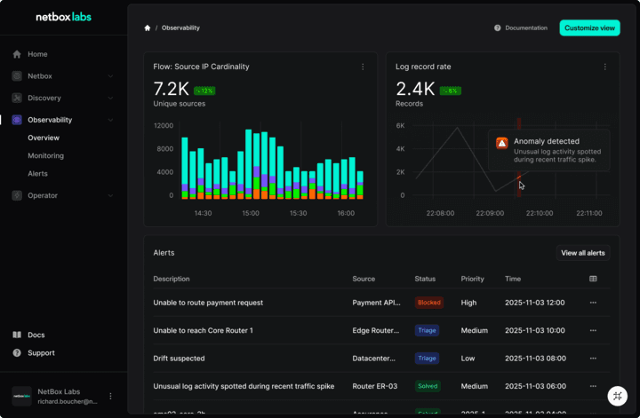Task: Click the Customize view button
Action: click(589, 28)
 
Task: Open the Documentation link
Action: click(525, 28)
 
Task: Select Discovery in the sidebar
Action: click(44, 98)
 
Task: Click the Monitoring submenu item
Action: click(45, 155)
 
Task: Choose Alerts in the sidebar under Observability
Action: click(37, 173)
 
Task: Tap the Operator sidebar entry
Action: click(43, 195)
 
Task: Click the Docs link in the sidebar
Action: click(36, 335)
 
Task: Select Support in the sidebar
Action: click(41, 352)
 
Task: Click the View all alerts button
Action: click(582, 253)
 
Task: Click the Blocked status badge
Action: click(429, 303)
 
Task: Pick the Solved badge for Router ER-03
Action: click(428, 386)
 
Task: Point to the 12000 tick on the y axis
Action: click(163, 126)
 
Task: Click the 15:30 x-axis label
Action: click(298, 213)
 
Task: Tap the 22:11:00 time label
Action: click(588, 213)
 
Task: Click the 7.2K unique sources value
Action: click(171, 89)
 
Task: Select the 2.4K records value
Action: click(415, 89)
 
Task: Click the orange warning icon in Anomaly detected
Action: click(501, 142)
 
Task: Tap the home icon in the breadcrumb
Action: click(148, 28)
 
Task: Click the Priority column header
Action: click(472, 279)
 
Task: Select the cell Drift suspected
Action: click(179, 359)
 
